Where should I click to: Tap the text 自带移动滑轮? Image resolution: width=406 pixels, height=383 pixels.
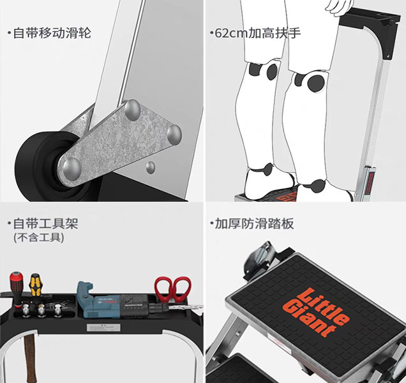pyautogui.click(x=52, y=33)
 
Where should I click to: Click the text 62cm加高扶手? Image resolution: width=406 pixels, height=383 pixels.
pyautogui.click(x=258, y=33)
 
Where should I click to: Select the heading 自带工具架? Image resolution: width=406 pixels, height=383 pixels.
pyautogui.click(x=45, y=224)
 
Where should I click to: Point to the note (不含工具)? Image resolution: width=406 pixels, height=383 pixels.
pyautogui.click(x=38, y=237)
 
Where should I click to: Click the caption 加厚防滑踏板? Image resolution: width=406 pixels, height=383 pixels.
pyautogui.click(x=254, y=224)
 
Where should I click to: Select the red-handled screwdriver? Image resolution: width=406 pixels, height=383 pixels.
pyautogui.click(x=17, y=289)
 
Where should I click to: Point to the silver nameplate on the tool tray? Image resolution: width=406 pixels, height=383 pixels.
pyautogui.click(x=103, y=327)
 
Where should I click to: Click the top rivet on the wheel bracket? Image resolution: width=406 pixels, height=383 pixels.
pyautogui.click(x=132, y=110)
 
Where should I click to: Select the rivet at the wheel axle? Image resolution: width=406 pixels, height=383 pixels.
pyautogui.click(x=71, y=169)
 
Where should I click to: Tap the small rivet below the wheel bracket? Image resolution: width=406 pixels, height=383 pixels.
pyautogui.click(x=151, y=167)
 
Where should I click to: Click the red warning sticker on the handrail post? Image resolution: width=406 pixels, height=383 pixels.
pyautogui.click(x=369, y=181)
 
